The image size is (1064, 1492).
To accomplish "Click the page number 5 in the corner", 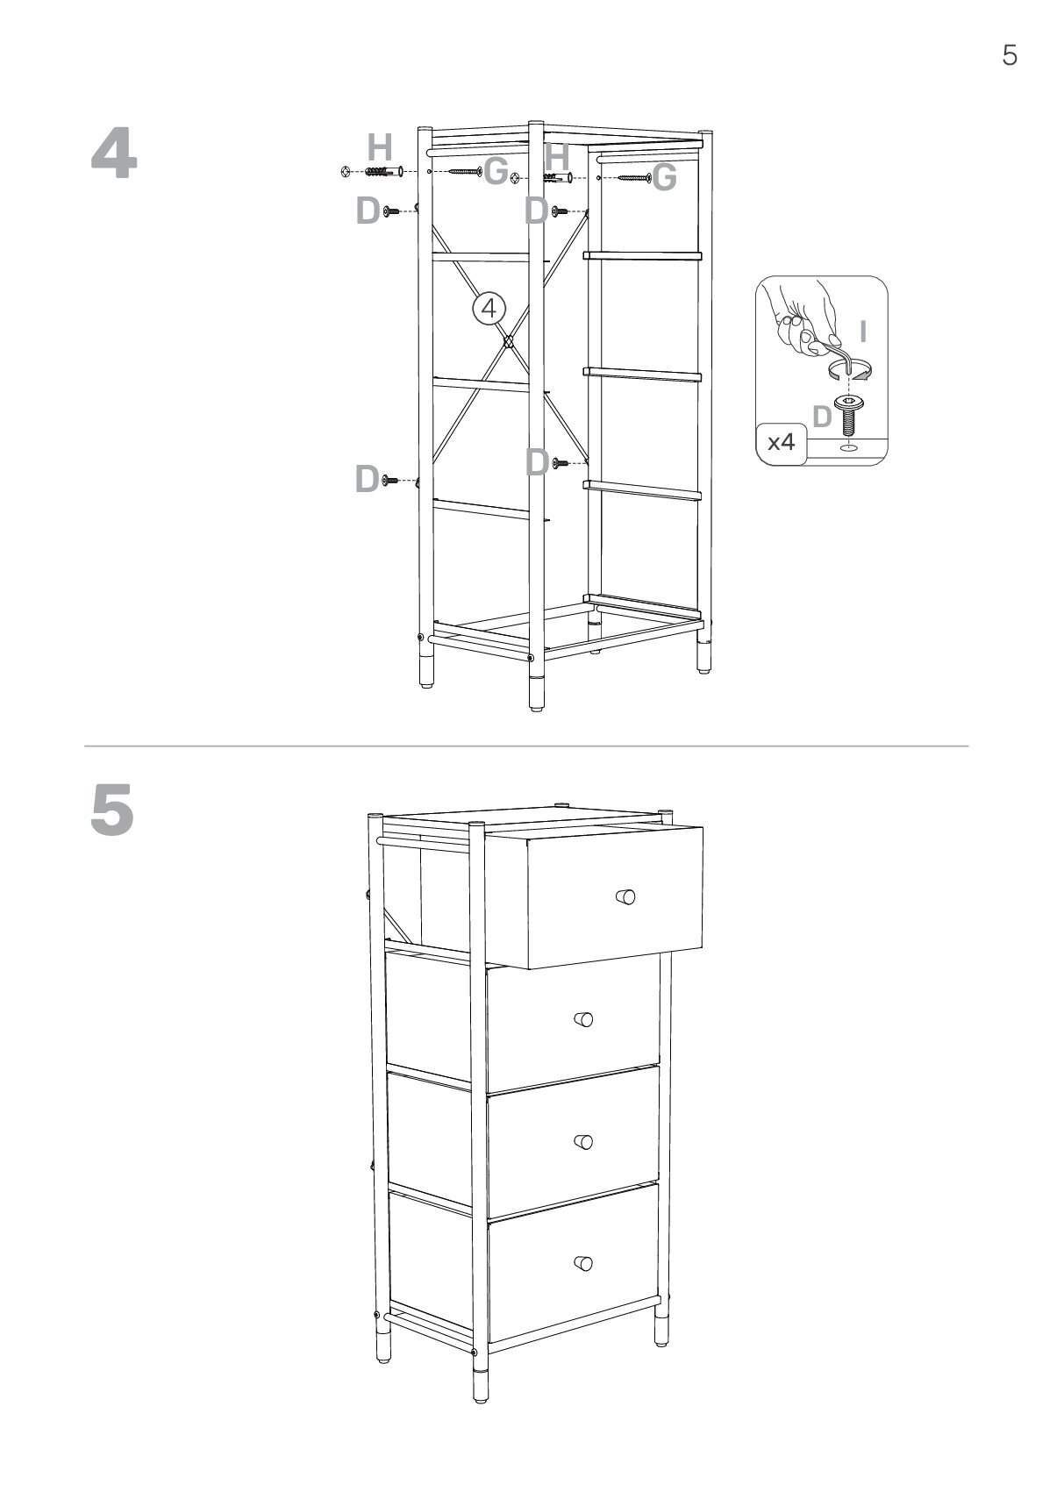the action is coord(1010,54).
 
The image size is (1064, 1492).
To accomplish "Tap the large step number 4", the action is coord(114,154).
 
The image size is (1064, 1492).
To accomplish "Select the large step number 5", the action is coord(112,810).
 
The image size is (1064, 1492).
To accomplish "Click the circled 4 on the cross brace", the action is coord(489,309).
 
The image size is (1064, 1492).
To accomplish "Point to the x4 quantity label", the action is coord(781,441).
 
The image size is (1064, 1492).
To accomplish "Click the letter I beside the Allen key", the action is coord(863,331).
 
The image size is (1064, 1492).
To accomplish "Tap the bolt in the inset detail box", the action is coord(847,412).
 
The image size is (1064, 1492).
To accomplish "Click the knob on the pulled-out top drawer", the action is coord(625,896).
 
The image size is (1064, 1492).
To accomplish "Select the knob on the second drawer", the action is coord(583,1018).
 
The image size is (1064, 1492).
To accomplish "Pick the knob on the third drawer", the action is coord(583,1141).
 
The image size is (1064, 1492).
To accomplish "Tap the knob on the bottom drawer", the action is coord(583,1263).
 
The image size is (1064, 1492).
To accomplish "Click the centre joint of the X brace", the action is coord(507,342).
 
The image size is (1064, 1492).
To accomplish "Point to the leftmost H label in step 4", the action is coord(379,147).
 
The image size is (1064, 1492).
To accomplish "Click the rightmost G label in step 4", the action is coord(664,177).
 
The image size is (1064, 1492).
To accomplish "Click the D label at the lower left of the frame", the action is coord(368,479).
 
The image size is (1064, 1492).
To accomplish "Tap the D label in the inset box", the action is coord(822,417).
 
